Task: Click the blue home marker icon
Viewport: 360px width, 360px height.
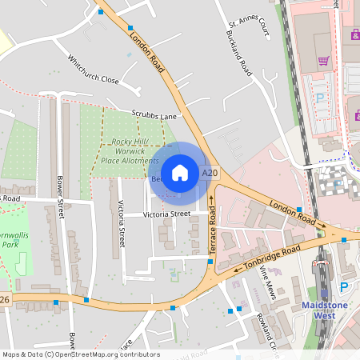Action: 180,173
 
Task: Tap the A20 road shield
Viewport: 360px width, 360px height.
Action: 210,173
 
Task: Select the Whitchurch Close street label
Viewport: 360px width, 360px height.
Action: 93,70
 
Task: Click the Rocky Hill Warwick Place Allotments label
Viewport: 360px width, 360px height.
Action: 130,151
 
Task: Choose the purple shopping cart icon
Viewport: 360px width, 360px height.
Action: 324,61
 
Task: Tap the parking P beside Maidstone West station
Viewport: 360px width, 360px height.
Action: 345,286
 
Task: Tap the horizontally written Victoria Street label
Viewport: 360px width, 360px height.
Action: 166,214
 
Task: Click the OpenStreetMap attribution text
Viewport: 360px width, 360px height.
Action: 81,354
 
